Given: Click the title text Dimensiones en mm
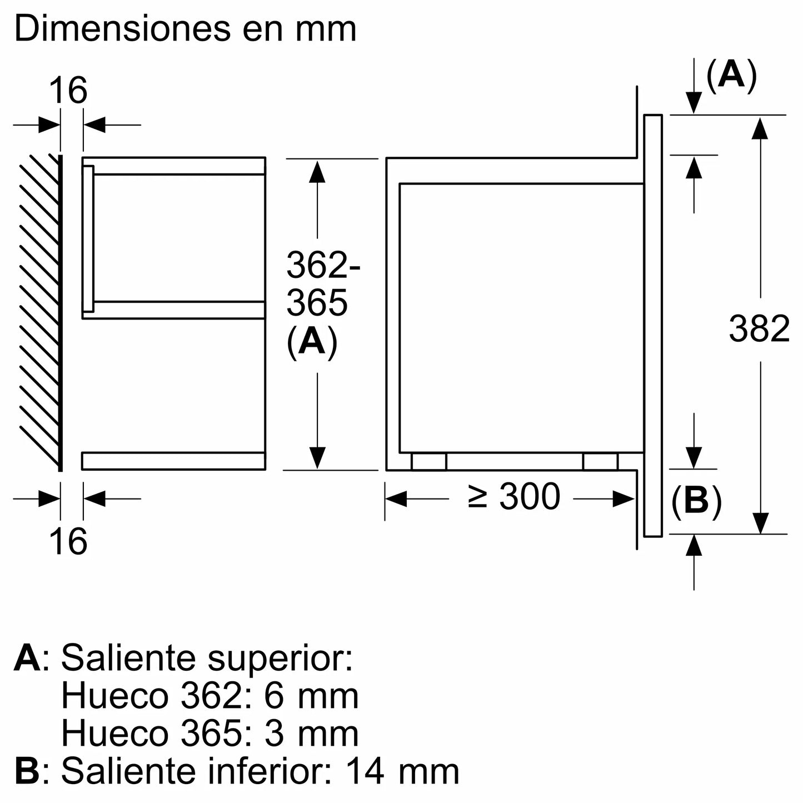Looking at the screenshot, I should pos(185,29).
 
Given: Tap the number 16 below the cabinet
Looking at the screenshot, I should pos(68,540).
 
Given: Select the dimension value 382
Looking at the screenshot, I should pos(759,328).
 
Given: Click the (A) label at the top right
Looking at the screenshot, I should pos(731,74).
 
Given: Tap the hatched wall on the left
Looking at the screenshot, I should pos(39,311).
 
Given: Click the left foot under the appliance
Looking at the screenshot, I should pos(428,461).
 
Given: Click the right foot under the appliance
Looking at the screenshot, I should pos(600,461).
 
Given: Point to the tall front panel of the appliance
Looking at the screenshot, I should pos(653,325).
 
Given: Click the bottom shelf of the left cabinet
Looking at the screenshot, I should pos(173,461).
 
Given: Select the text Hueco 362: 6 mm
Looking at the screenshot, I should pos(210,696).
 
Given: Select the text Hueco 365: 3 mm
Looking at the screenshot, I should pos(210,734).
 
